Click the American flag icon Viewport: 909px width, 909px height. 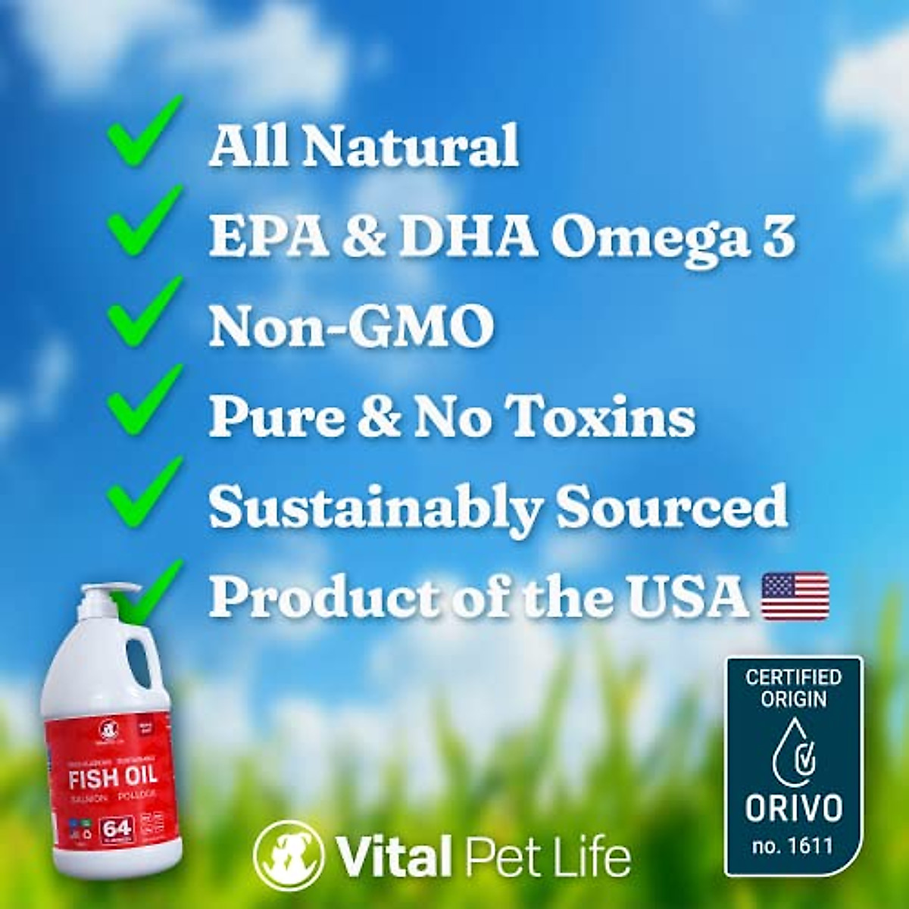(795, 597)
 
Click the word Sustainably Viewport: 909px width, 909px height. (375, 508)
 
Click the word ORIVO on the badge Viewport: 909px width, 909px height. (793, 808)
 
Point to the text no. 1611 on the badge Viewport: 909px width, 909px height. (793, 845)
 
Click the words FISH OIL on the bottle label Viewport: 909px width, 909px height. (113, 776)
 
